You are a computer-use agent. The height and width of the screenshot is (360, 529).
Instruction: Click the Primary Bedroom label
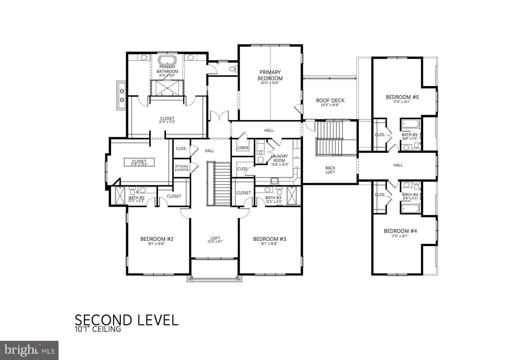[x=270, y=75]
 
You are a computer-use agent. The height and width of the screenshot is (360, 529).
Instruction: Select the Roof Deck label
[x=330, y=101]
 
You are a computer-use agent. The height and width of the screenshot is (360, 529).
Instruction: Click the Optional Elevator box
[x=182, y=168]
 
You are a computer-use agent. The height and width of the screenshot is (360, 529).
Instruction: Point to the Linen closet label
[x=243, y=148]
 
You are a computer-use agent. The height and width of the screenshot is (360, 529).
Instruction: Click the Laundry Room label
[x=279, y=158]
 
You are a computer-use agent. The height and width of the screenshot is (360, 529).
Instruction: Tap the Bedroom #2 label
[x=157, y=239]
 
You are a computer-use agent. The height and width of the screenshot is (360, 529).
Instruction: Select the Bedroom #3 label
[x=269, y=239]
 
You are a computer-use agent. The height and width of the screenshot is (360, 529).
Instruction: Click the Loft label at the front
[x=215, y=238]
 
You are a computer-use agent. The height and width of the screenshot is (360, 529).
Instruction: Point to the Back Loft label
[x=330, y=170]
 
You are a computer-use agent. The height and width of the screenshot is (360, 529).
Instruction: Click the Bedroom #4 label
[x=400, y=231]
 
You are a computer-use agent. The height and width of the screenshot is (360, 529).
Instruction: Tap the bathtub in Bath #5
[x=410, y=125]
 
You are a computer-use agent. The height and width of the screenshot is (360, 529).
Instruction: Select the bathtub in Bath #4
[x=410, y=208]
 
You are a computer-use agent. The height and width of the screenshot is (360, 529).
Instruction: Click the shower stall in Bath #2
[x=119, y=196]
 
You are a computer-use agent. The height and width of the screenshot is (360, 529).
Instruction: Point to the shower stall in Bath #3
[x=293, y=196]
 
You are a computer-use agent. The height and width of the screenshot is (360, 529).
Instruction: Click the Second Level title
[x=126, y=320]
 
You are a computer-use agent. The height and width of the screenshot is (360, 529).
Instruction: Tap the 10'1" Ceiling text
[x=98, y=330]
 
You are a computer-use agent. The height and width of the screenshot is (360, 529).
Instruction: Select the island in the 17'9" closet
[x=139, y=162]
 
